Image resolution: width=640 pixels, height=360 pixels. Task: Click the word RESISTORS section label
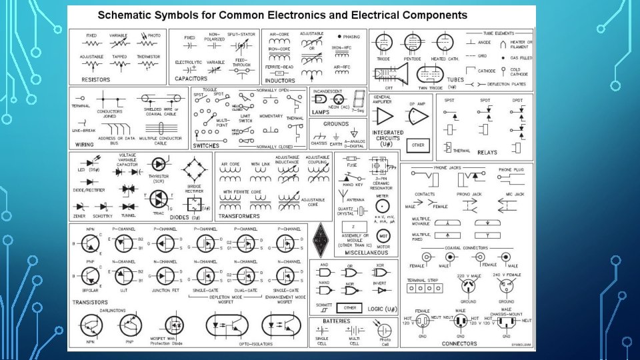pyautogui.click(x=95, y=79)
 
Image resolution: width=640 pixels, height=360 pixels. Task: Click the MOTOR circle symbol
pyautogui.click(x=383, y=236)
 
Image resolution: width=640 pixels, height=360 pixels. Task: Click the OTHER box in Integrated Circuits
pyautogui.click(x=418, y=144)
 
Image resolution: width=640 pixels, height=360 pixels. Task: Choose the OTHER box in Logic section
pyautogui.click(x=349, y=308)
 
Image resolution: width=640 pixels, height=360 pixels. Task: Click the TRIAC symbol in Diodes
pyautogui.click(x=159, y=199)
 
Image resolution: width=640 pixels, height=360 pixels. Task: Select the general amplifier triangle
pyautogui.click(x=383, y=117)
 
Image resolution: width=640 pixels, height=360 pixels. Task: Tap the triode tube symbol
pyautogui.click(x=383, y=43)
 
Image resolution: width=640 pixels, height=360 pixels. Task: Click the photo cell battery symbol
pyautogui.click(x=384, y=331)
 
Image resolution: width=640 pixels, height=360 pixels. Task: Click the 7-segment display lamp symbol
pyautogui.click(x=360, y=97)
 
